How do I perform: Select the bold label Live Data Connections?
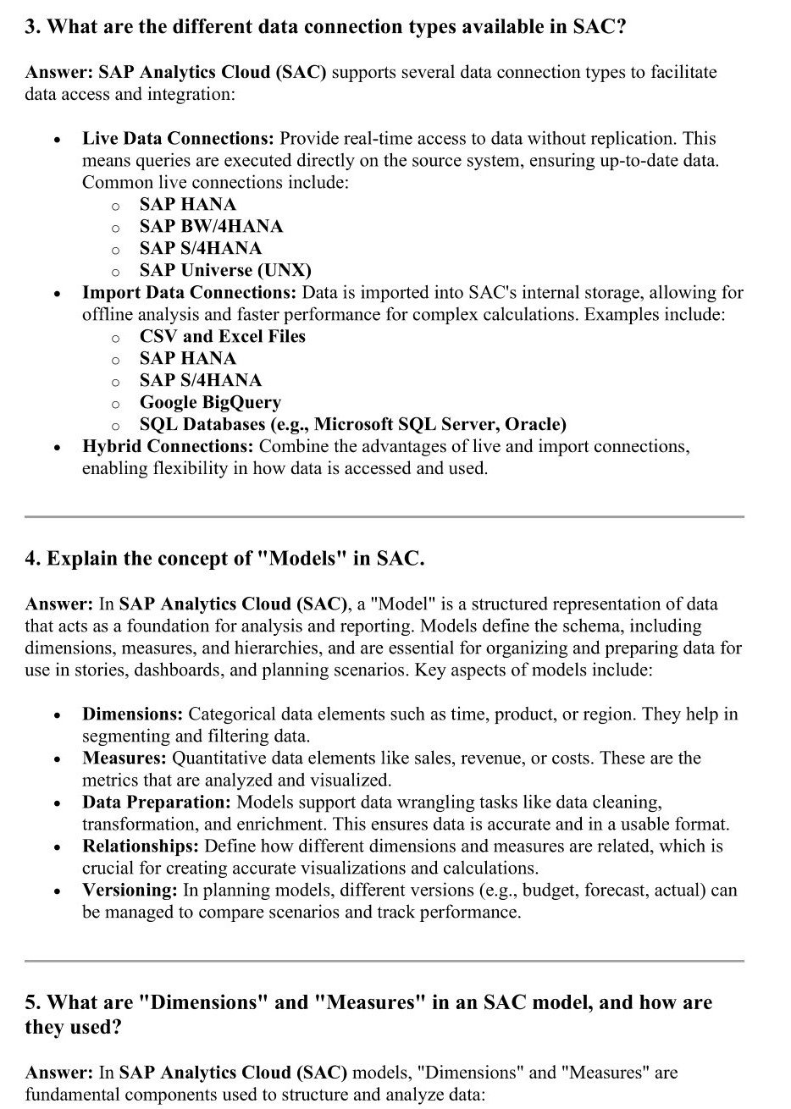pyautogui.click(x=179, y=138)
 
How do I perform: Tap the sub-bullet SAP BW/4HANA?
pyautogui.click(x=211, y=226)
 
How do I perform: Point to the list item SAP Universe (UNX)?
pyautogui.click(x=225, y=270)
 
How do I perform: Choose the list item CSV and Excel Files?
pyautogui.click(x=222, y=336)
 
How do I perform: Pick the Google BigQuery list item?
pyautogui.click(x=210, y=402)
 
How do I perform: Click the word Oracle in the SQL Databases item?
pyautogui.click(x=536, y=424)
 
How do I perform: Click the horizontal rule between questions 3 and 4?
pyautogui.click(x=384, y=516)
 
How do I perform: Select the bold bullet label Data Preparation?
pyautogui.click(x=157, y=802)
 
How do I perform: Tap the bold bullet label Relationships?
pyautogui.click(x=141, y=846)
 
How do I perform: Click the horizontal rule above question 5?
pyautogui.click(x=384, y=961)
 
